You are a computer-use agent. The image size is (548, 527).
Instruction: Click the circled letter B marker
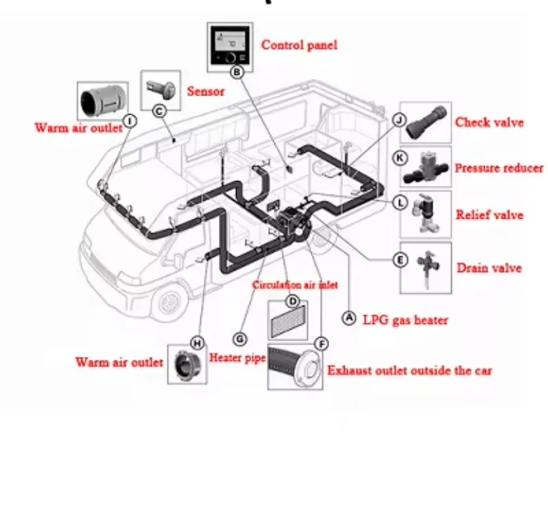[239, 71]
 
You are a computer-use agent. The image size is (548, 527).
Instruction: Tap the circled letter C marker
[158, 111]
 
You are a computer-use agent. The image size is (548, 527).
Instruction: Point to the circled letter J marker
[398, 119]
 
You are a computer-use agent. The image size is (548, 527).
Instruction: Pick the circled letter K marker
[400, 158]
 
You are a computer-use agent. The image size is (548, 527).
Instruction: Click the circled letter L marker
[400, 202]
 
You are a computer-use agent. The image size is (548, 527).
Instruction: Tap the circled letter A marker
[349, 318]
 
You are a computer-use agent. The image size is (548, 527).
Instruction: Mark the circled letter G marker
[240, 339]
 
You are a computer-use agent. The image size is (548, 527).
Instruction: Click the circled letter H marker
[196, 343]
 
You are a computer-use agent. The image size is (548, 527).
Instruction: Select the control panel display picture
[231, 45]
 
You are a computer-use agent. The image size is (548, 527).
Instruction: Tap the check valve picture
[425, 122]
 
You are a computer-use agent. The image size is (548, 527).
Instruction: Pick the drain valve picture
[426, 267]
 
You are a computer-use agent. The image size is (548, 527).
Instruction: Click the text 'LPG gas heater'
[406, 320]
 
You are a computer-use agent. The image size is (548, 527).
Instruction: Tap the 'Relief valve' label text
[489, 215]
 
